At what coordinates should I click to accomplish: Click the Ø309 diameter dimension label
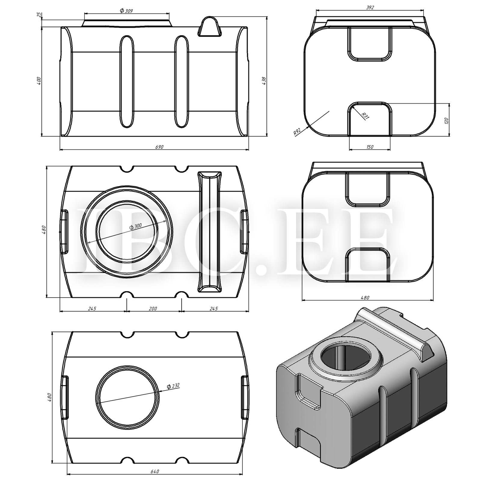click(x=126, y=11)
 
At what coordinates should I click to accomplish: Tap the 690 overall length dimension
click(x=159, y=147)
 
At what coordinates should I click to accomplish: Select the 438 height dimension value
click(x=264, y=81)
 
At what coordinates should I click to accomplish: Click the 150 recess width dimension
click(x=370, y=147)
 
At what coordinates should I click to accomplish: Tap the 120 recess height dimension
click(x=446, y=121)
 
